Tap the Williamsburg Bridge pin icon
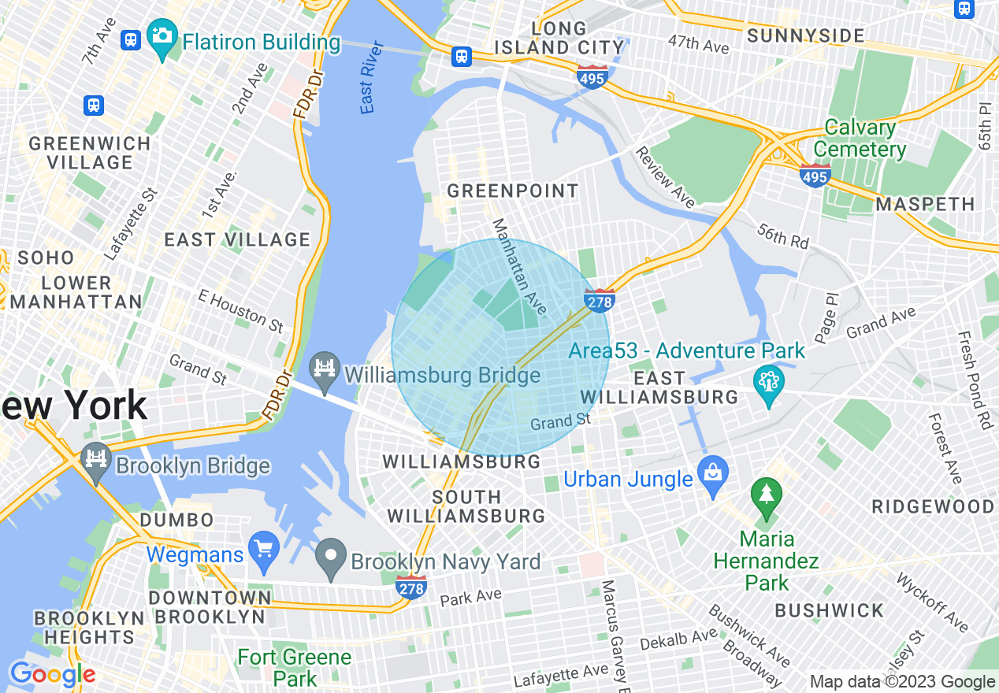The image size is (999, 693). coord(324,369)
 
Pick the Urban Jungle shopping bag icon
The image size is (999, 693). coord(713,475)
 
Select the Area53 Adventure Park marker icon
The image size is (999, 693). coord(769,384)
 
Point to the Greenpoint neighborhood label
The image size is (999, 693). coord(512,191)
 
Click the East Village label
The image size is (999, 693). coord(237,239)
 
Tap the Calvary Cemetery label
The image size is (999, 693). coord(860,139)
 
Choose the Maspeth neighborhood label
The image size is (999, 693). coord(925,204)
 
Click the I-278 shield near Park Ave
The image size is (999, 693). coord(411,587)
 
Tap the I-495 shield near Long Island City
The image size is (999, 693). coord(591,77)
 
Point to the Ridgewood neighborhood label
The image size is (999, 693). coord(933,506)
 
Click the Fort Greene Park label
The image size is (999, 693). coord(295,667)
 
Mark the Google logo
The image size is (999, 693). coord(52,674)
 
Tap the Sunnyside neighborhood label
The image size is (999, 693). coord(805,35)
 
